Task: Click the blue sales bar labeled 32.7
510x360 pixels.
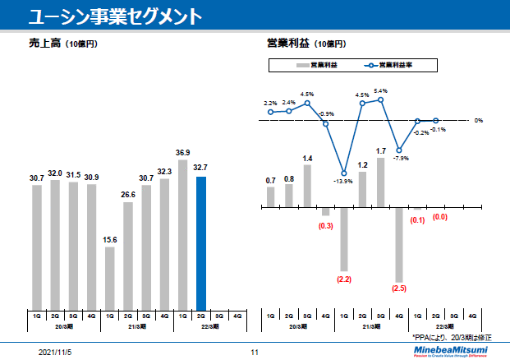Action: (x=200, y=241)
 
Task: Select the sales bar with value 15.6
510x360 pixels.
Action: (x=110, y=276)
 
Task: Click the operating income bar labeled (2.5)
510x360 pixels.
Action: (x=399, y=244)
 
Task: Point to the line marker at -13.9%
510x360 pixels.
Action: (x=343, y=173)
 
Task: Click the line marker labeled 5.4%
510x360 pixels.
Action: (x=381, y=99)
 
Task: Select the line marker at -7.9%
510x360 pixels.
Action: (x=399, y=150)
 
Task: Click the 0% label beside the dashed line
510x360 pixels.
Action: (x=478, y=121)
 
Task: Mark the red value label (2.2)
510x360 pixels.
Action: (x=343, y=280)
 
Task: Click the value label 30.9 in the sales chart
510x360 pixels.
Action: (x=91, y=178)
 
